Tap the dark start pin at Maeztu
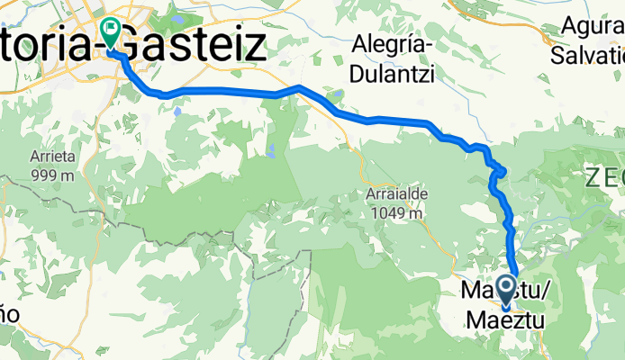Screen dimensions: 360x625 (x=504, y=291)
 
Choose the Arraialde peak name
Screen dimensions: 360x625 (x=396, y=194)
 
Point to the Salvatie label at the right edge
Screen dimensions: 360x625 (x=585, y=54)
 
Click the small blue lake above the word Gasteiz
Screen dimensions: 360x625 (x=181, y=17)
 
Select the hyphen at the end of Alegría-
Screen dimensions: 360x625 (x=431, y=45)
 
